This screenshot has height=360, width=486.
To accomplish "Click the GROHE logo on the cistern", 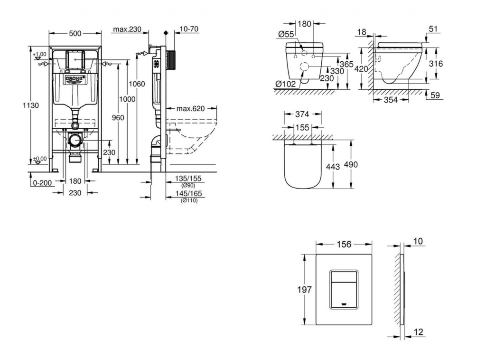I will point(75,78).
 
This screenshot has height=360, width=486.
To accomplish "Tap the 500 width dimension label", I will point(75,33).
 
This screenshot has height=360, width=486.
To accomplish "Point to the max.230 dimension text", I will point(127,29).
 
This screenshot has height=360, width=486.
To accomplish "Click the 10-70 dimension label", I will point(189,29).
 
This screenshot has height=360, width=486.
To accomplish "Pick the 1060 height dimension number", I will point(137,84).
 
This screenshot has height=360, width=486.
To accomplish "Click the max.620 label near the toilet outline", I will point(190,109).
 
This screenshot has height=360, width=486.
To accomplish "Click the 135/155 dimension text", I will point(188,179).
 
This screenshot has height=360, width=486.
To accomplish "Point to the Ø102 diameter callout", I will point(286,84).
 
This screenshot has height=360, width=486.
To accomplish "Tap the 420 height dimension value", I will point(361,69).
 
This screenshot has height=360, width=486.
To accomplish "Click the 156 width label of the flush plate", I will point(344,244).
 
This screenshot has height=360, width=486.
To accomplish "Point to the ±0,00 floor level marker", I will point(40,159).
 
